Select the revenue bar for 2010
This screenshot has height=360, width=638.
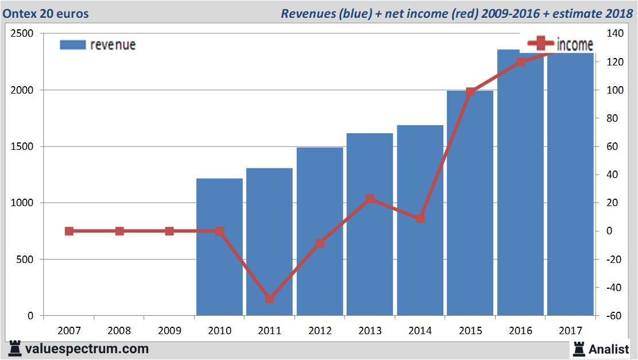click(x=219, y=247)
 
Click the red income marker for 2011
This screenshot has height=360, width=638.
click(x=270, y=299)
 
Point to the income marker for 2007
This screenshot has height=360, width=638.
click(x=69, y=231)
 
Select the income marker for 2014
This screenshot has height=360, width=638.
click(x=420, y=219)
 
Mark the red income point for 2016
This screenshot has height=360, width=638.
click(x=520, y=62)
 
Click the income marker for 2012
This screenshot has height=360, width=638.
click(x=320, y=243)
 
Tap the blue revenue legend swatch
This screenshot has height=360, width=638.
click(x=72, y=45)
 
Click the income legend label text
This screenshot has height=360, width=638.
click(x=575, y=45)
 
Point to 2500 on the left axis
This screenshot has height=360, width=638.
click(x=22, y=34)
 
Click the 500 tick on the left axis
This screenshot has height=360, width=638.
click(x=26, y=260)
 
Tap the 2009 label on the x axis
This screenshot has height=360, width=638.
click(x=169, y=331)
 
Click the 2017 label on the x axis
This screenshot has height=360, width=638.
click(x=570, y=331)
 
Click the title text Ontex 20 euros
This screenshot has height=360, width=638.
click(x=48, y=13)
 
